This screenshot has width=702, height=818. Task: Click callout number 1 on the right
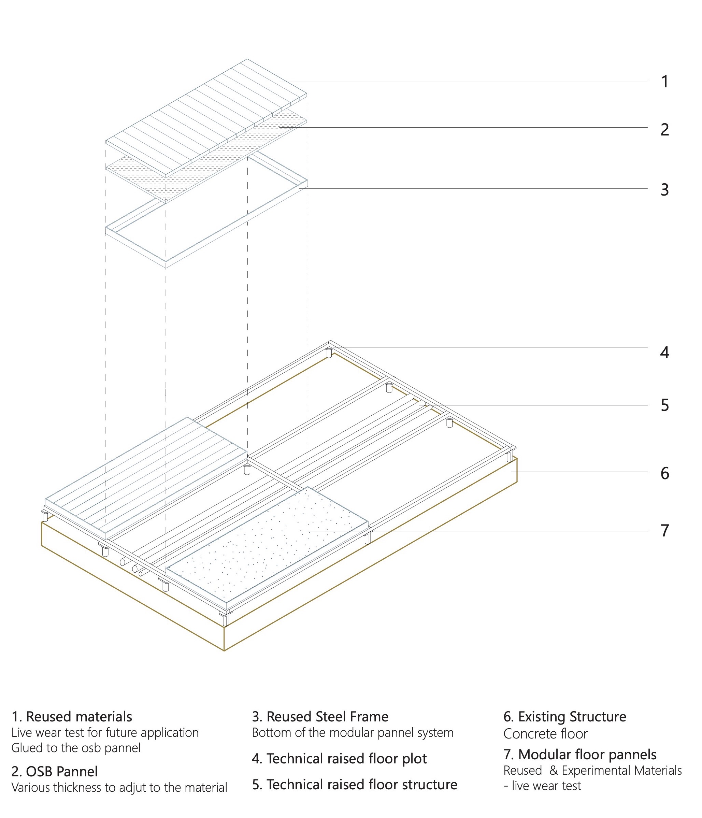(664, 82)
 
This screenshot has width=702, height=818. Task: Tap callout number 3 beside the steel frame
(664, 190)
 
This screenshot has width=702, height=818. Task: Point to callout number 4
(664, 353)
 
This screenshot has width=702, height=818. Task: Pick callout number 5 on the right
(664, 405)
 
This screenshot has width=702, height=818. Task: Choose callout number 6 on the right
(664, 473)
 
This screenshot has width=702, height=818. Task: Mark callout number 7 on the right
(664, 531)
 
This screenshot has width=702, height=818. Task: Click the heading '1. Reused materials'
(72, 717)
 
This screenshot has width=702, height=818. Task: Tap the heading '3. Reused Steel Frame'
(320, 717)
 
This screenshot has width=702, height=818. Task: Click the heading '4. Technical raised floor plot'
(339, 759)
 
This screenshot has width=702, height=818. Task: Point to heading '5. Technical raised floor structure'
(354, 785)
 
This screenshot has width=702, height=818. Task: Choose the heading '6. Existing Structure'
(564, 717)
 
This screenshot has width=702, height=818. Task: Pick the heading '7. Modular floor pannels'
(579, 755)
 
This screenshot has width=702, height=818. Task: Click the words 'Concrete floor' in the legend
(545, 734)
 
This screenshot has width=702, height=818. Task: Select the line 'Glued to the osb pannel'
(76, 748)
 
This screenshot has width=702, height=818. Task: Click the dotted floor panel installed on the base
(269, 545)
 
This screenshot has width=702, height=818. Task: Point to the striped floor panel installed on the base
(146, 478)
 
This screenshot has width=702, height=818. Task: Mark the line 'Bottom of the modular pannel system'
(352, 733)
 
